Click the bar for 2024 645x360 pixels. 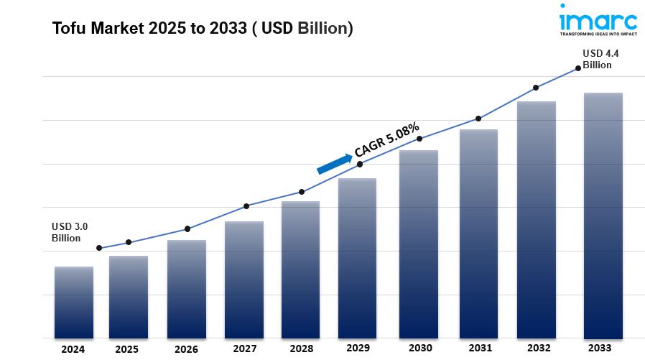[74, 302]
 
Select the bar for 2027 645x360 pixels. [244, 280]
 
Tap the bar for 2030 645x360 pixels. [419, 244]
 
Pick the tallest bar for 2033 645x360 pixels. [603, 216]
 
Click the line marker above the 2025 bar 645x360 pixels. [129, 242]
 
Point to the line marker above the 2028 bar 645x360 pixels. [302, 192]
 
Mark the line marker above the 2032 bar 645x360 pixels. [536, 88]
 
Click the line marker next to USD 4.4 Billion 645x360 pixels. [578, 69]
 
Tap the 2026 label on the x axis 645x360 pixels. [187, 349]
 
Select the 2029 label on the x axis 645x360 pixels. [357, 348]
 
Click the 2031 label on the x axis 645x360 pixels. [478, 348]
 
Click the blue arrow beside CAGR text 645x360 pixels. [335, 162]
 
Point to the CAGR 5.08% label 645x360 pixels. [386, 140]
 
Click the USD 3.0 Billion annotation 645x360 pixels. [66, 232]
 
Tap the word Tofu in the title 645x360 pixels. [67, 29]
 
